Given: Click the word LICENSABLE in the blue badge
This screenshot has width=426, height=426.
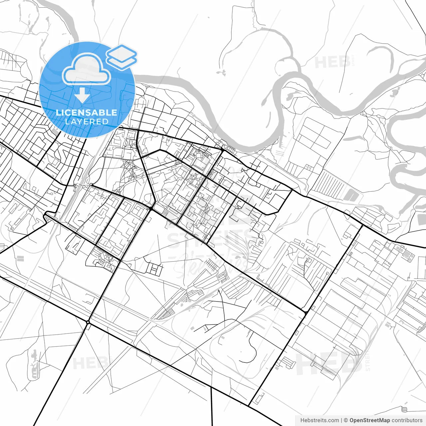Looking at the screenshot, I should tap(87, 112).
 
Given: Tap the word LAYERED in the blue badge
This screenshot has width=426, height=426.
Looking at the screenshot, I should tap(87, 121).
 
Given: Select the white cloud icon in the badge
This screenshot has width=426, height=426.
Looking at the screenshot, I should tap(87, 70).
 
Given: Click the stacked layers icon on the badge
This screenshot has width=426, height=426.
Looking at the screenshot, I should tap(121, 57).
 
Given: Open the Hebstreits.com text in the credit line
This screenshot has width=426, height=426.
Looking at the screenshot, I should tap(319, 420).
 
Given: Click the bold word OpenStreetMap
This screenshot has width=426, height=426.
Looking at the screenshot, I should tap(369, 420).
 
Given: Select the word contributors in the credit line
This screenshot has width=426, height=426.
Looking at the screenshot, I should tap(407, 420).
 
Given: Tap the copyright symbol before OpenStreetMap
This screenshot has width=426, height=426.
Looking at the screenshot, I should tap(346, 420).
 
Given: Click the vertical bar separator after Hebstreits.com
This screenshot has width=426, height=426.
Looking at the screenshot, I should tap(341, 420).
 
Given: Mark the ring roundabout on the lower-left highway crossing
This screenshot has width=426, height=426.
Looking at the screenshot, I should tap(88, 322).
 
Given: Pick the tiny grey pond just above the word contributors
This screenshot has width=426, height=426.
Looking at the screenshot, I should tap(404, 409).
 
